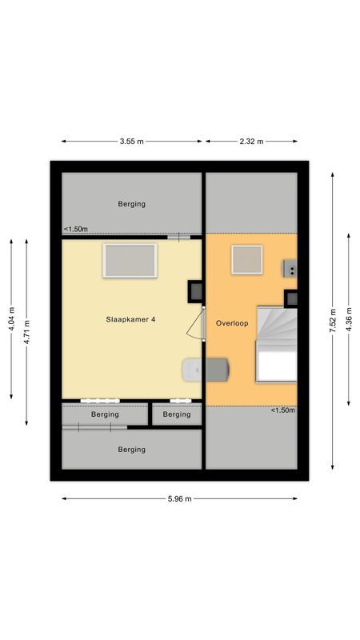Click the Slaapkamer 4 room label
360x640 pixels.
pyautogui.click(x=131, y=319)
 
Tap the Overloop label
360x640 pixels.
pyautogui.click(x=232, y=323)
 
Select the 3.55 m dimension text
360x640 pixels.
pyautogui.click(x=131, y=142)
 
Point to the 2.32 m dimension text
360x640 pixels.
pyautogui.click(x=251, y=142)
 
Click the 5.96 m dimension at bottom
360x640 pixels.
pyautogui.click(x=179, y=498)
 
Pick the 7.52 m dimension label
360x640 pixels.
pyautogui.click(x=333, y=321)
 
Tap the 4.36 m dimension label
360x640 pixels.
pyautogui.click(x=350, y=321)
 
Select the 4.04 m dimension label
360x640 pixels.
pyautogui.click(x=11, y=319)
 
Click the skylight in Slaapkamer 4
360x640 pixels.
pyautogui.click(x=129, y=261)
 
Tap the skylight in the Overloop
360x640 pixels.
pyautogui.click(x=247, y=260)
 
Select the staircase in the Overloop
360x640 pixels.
pyautogui.click(x=275, y=344)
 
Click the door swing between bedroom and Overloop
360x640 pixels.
pyautogui.click(x=194, y=323)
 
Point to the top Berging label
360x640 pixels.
pyautogui.click(x=131, y=204)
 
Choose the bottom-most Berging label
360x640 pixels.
pyautogui.click(x=131, y=450)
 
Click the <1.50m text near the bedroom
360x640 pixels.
pyautogui.click(x=76, y=230)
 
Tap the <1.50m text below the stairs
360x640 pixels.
pyautogui.click(x=282, y=410)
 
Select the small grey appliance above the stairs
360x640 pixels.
pyautogui.click(x=290, y=269)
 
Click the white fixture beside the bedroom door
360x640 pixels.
pyautogui.click(x=193, y=370)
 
